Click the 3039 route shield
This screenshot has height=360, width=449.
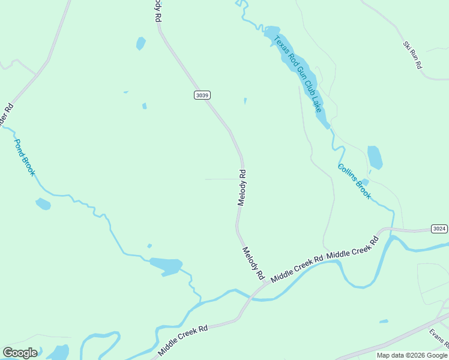click(x=202, y=95)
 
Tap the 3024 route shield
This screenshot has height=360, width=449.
click(x=439, y=229)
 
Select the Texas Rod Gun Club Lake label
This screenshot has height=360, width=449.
click(x=299, y=74)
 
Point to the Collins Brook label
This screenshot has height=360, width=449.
click(x=354, y=181)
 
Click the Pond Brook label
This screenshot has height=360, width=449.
click(x=25, y=157)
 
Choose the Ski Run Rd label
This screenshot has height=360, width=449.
click(x=412, y=55)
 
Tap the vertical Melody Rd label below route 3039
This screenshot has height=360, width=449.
click(x=241, y=187)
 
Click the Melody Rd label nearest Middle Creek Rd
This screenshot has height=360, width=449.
click(x=253, y=263)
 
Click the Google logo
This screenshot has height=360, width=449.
click(x=20, y=353)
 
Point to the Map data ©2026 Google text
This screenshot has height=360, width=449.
click(x=412, y=355)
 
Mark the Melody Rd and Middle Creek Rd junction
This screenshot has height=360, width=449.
click(x=262, y=284)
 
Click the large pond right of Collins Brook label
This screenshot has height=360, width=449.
click(x=375, y=157)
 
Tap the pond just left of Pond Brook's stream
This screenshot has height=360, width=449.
click(x=43, y=204)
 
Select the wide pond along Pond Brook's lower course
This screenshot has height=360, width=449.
click(x=166, y=265)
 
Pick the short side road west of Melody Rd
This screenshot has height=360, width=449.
click(x=222, y=179)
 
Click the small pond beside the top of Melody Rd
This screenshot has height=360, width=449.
click(x=140, y=43)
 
